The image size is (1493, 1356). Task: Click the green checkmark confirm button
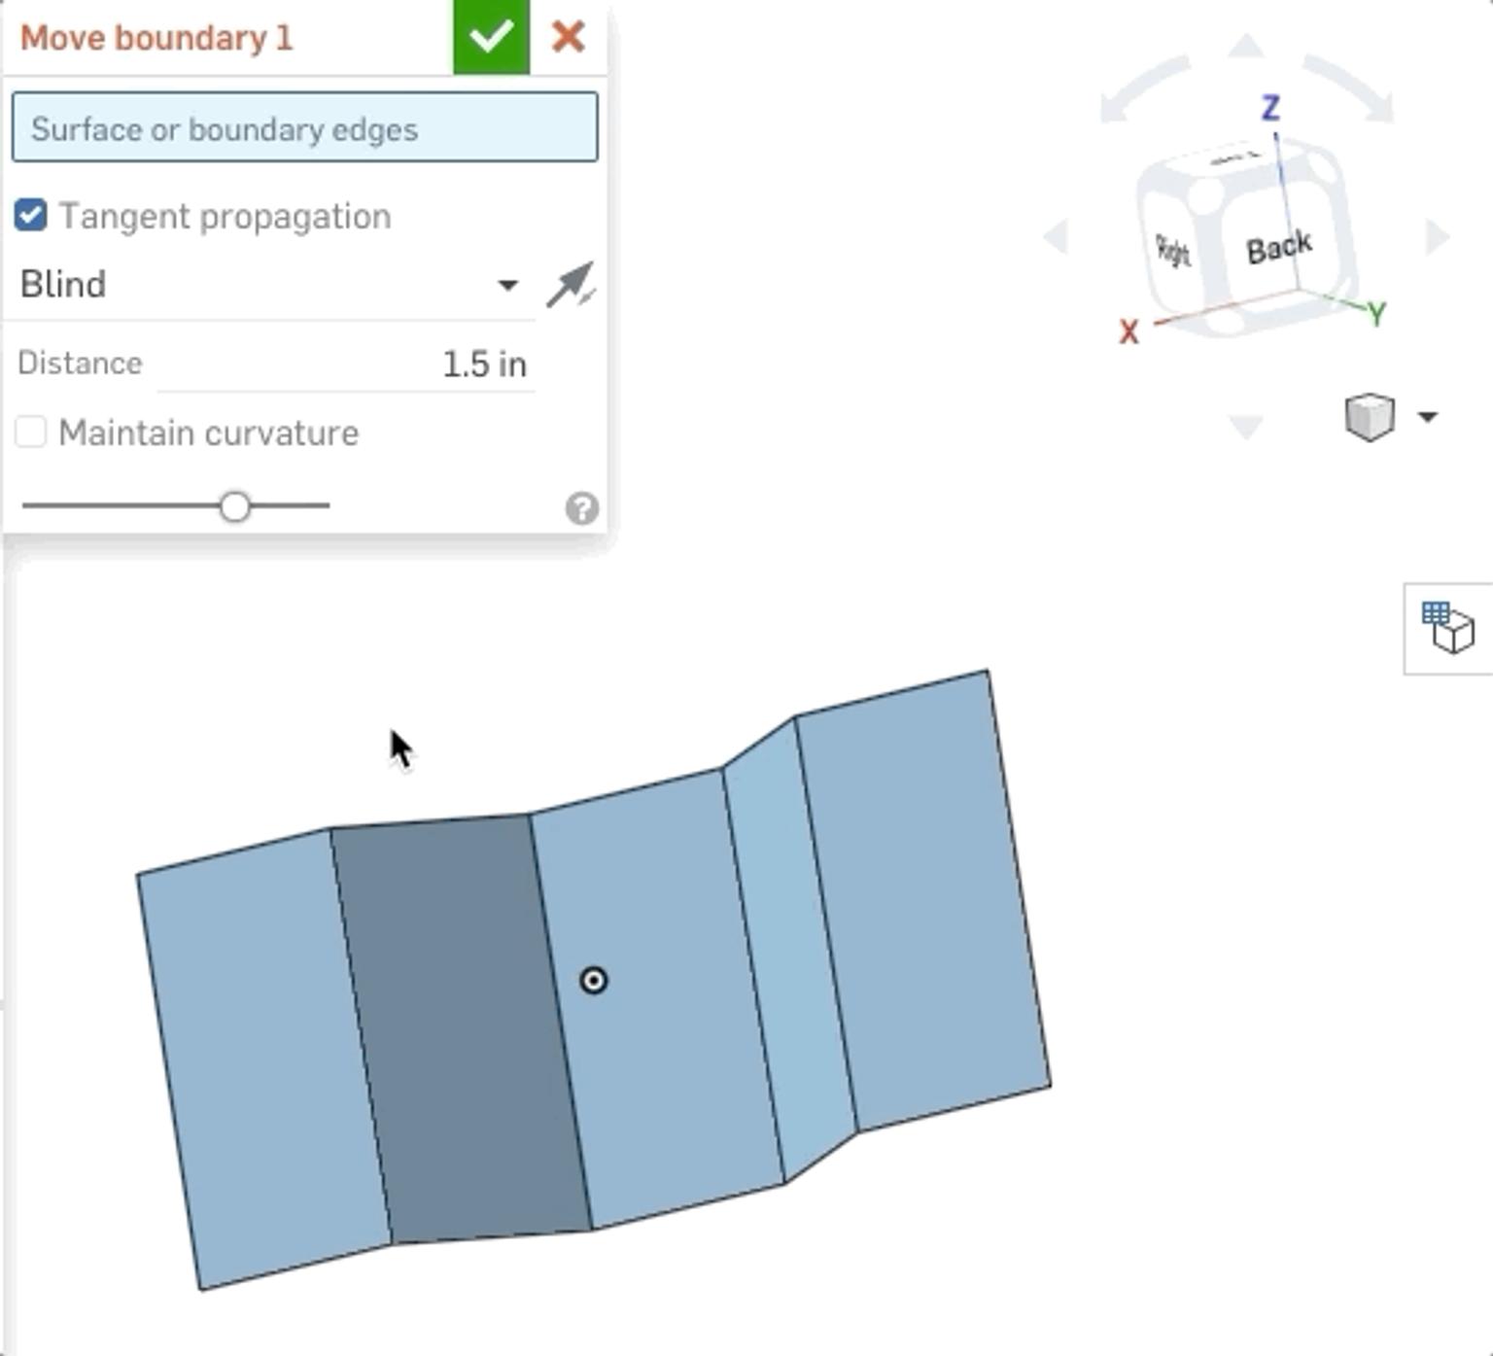click(491, 37)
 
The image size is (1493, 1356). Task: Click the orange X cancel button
click(568, 37)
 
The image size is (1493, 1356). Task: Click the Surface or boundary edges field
click(304, 127)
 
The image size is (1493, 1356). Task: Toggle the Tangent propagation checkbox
click(31, 215)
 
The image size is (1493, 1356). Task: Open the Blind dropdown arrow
click(507, 285)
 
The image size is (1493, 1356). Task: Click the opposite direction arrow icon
click(570, 285)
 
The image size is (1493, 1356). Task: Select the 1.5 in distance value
click(483, 365)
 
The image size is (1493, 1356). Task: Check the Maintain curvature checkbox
click(31, 432)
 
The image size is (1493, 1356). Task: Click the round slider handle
click(234, 506)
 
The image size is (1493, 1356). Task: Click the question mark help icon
click(581, 508)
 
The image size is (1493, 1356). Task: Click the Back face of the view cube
click(1278, 248)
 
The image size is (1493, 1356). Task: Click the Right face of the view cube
click(1173, 251)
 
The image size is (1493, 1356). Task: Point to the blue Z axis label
click(1270, 107)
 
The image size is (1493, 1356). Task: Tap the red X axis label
click(1128, 332)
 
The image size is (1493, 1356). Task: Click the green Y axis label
click(1375, 314)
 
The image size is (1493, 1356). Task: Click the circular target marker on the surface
click(593, 980)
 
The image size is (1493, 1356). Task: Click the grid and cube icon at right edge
click(1447, 628)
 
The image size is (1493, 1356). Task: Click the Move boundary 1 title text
click(156, 38)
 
